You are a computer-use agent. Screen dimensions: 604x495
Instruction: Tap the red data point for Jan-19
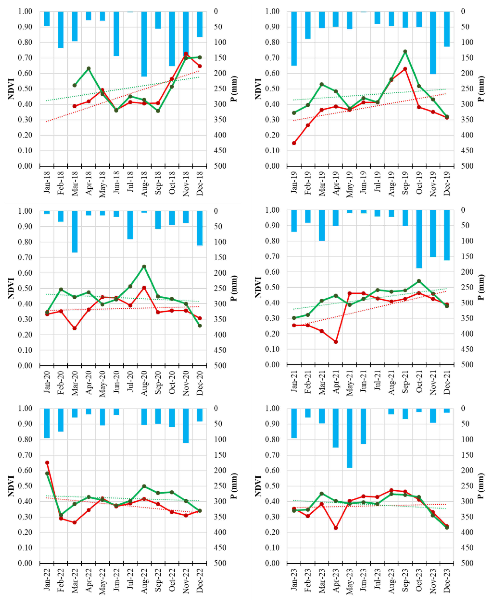pos(294,143)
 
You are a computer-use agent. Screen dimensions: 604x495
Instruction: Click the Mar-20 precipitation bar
pos(74,231)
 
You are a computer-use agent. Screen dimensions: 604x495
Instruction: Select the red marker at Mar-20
pos(74,328)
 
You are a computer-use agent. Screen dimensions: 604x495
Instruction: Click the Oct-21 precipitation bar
pos(419,239)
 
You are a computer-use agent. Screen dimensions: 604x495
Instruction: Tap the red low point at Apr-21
pos(336,341)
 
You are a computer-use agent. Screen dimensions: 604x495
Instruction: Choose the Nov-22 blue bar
pos(186,426)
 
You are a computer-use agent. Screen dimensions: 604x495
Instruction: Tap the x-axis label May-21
pos(350,383)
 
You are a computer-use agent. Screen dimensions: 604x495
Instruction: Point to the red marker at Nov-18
pos(186,54)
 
